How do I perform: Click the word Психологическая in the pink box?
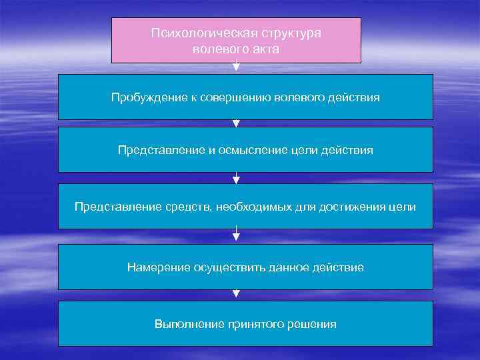[x=193, y=33]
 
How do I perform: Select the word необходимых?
[x=253, y=207]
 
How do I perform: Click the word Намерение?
[x=157, y=267]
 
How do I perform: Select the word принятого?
[x=251, y=325]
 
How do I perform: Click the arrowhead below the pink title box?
[x=236, y=67]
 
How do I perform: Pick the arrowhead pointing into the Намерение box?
[x=236, y=235]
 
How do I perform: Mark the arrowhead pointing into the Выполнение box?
[x=236, y=293]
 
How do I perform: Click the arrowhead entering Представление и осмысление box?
[x=236, y=123]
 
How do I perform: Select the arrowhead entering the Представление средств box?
[x=236, y=179]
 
